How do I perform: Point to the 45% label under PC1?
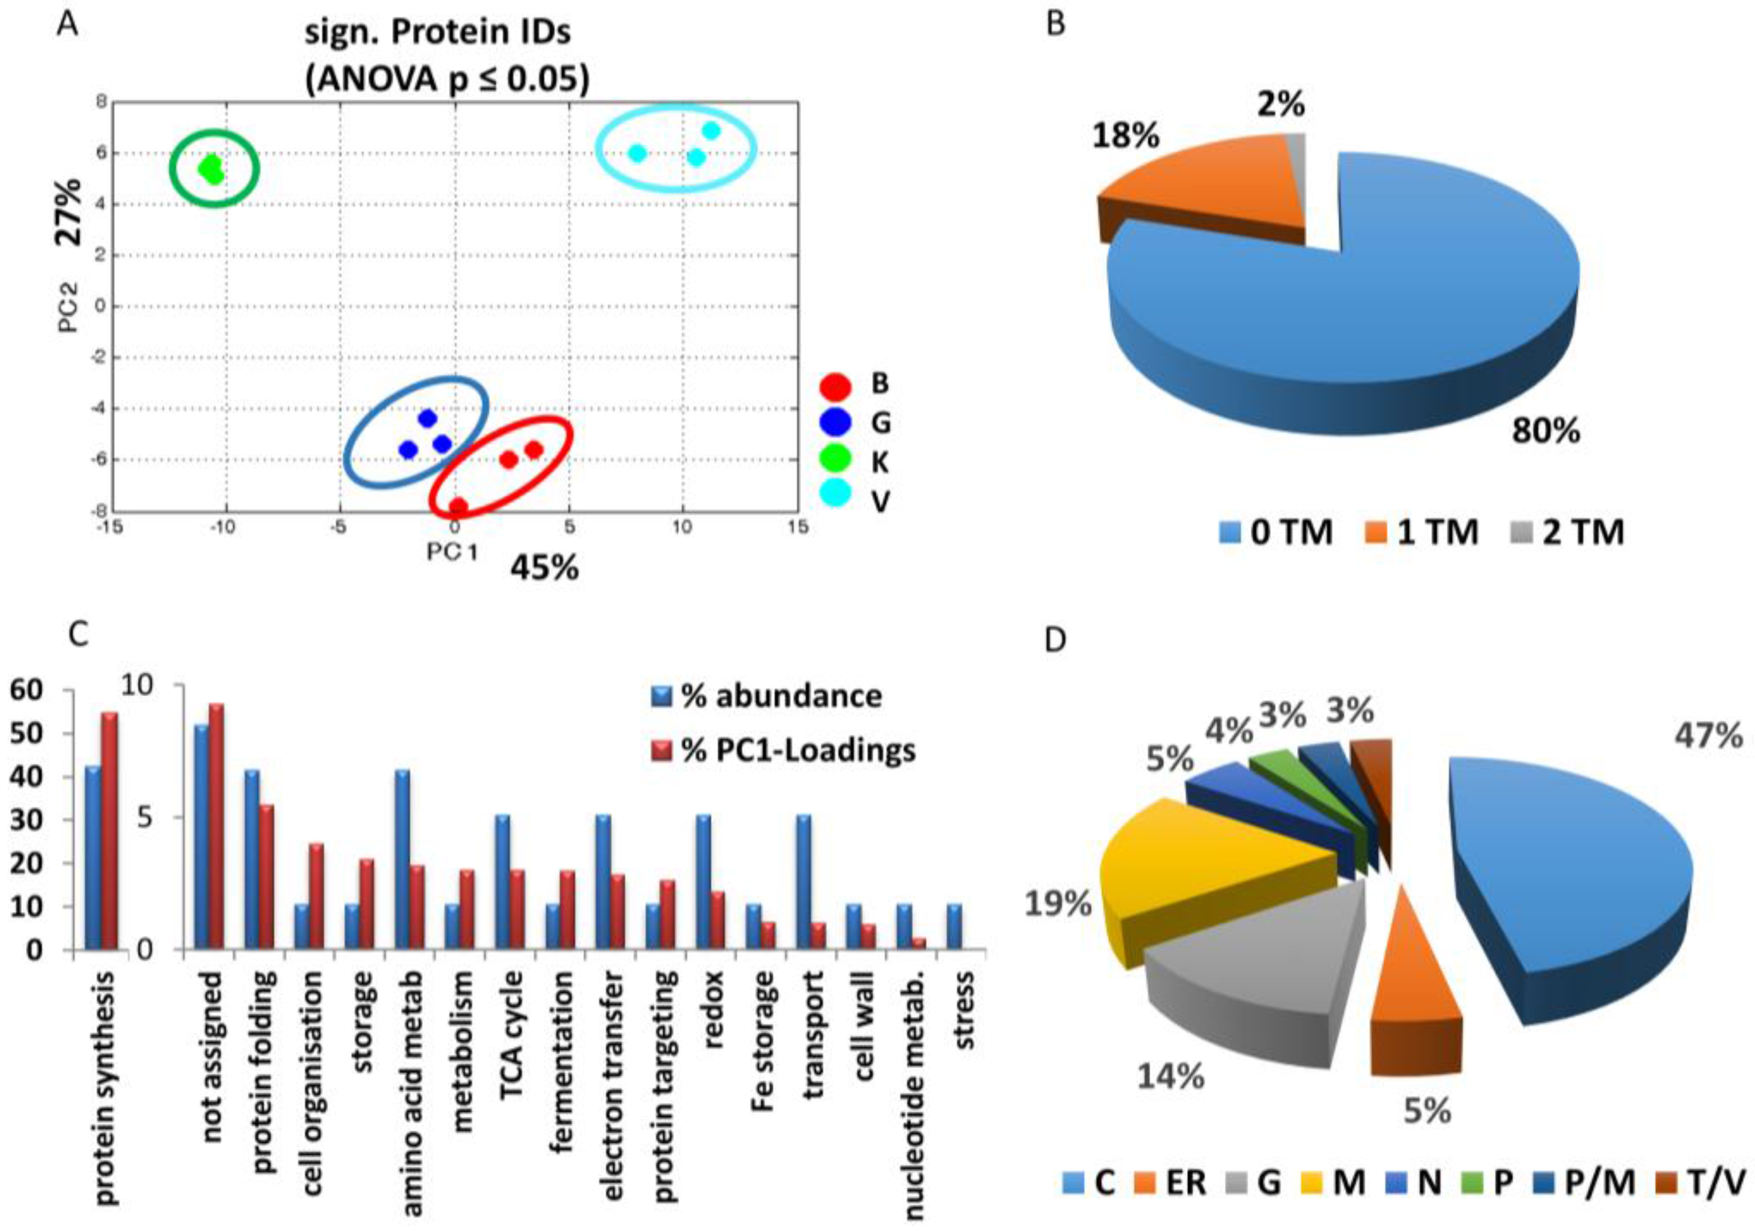(544, 568)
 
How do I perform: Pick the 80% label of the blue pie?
(1545, 432)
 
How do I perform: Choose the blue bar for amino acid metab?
(402, 859)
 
